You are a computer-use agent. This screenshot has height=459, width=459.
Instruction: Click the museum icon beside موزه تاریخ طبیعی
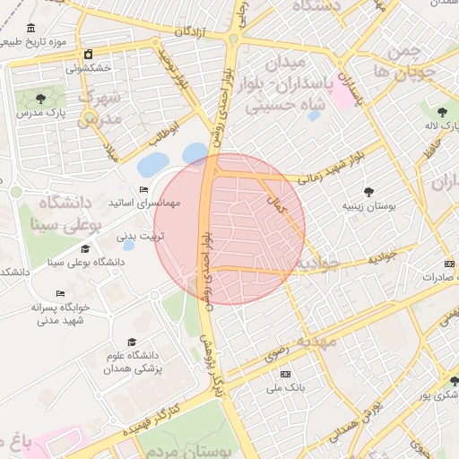(32, 28)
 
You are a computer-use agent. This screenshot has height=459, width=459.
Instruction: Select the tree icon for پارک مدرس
(39, 99)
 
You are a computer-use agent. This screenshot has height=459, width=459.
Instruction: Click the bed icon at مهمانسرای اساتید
(144, 189)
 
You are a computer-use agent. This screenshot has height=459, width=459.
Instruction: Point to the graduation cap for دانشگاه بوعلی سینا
(85, 248)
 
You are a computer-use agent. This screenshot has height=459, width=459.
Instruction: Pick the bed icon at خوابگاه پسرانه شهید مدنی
(61, 293)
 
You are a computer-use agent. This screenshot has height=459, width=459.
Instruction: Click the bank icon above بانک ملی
(286, 374)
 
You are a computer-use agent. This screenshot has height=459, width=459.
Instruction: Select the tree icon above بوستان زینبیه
(368, 191)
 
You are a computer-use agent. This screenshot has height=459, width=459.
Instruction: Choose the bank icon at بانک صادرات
(448, 264)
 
